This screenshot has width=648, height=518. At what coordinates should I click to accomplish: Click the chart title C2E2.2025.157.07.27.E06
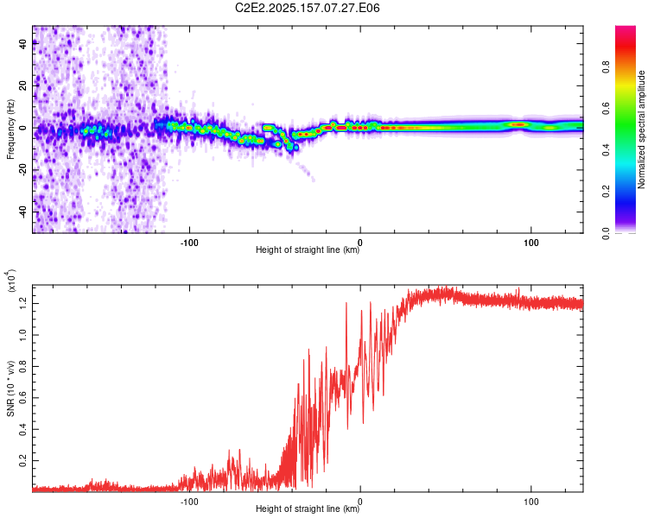point(307,8)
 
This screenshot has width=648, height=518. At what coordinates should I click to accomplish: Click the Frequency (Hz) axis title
point(10,129)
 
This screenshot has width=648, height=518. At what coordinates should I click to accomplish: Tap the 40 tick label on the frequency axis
point(22,43)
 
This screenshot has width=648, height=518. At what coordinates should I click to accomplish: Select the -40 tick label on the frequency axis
point(22,212)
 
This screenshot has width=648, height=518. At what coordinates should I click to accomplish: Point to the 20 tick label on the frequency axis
point(22,85)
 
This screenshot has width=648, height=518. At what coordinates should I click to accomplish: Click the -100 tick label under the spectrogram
point(189,243)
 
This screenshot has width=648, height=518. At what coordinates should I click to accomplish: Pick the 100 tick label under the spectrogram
point(531,243)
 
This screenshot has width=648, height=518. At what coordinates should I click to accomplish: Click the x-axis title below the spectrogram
point(308,250)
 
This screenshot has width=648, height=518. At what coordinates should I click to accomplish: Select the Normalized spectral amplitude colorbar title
point(641,129)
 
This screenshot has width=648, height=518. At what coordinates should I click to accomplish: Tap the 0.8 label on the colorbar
point(606,67)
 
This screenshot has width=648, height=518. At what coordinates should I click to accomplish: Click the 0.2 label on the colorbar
point(606,192)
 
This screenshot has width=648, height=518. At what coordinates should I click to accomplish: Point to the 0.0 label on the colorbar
point(606,233)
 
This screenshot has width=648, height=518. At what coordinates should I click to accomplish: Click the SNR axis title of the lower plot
point(10,388)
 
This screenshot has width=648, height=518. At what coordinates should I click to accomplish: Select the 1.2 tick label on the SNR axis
point(22,303)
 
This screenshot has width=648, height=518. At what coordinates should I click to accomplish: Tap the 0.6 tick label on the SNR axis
point(22,398)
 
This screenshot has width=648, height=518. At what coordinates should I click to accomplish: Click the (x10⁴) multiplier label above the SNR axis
point(11,281)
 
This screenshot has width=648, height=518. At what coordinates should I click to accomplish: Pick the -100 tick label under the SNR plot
point(189,502)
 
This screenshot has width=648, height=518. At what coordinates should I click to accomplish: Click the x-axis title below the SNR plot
point(308,509)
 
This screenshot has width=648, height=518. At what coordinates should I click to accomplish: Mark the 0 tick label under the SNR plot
point(360,502)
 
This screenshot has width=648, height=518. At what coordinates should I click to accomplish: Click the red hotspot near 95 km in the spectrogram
point(518,124)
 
